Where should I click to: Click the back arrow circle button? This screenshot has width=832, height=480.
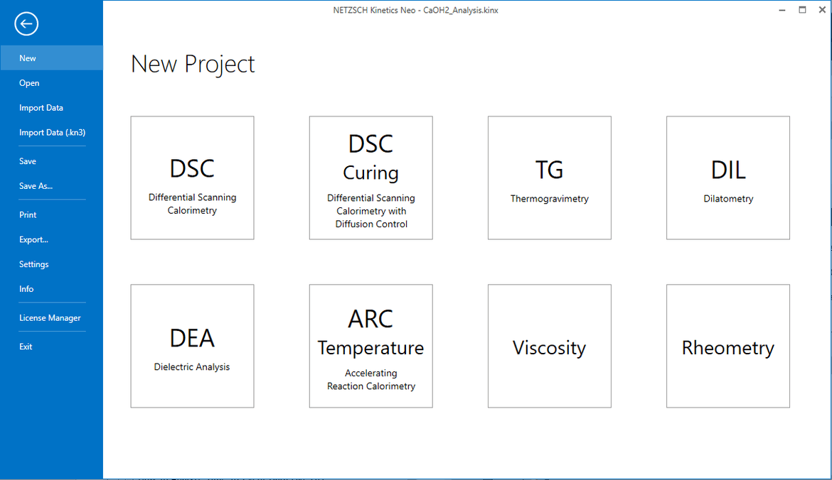pyautogui.click(x=26, y=24)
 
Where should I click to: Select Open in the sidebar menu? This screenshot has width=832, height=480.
pyautogui.click(x=29, y=83)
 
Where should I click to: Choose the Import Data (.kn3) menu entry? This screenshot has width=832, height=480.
pyautogui.click(x=52, y=133)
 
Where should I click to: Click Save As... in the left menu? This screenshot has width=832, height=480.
pyautogui.click(x=36, y=186)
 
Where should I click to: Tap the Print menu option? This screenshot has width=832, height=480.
pyautogui.click(x=28, y=214)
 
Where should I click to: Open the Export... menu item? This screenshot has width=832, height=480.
pyautogui.click(x=33, y=239)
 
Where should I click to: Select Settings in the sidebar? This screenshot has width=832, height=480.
pyautogui.click(x=33, y=264)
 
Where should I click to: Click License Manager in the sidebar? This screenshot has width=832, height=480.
pyautogui.click(x=50, y=318)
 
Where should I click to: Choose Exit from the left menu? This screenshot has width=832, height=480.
pyautogui.click(x=26, y=347)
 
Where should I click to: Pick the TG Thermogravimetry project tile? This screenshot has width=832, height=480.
pyautogui.click(x=549, y=178)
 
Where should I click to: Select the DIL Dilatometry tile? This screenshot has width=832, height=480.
pyautogui.click(x=728, y=178)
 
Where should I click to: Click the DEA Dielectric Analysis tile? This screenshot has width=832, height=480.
pyautogui.click(x=192, y=346)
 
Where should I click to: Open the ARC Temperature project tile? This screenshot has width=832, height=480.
pyautogui.click(x=371, y=346)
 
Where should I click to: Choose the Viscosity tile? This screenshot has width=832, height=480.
pyautogui.click(x=549, y=346)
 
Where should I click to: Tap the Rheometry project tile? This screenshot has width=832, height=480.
pyautogui.click(x=728, y=346)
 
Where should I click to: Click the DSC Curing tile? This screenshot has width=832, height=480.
pyautogui.click(x=371, y=178)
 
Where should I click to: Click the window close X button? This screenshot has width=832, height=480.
pyautogui.click(x=822, y=9)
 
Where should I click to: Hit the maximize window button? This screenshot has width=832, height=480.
pyautogui.click(x=802, y=9)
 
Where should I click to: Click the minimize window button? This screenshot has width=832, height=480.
pyautogui.click(x=782, y=10)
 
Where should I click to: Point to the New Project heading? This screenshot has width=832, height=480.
pyautogui.click(x=193, y=64)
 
